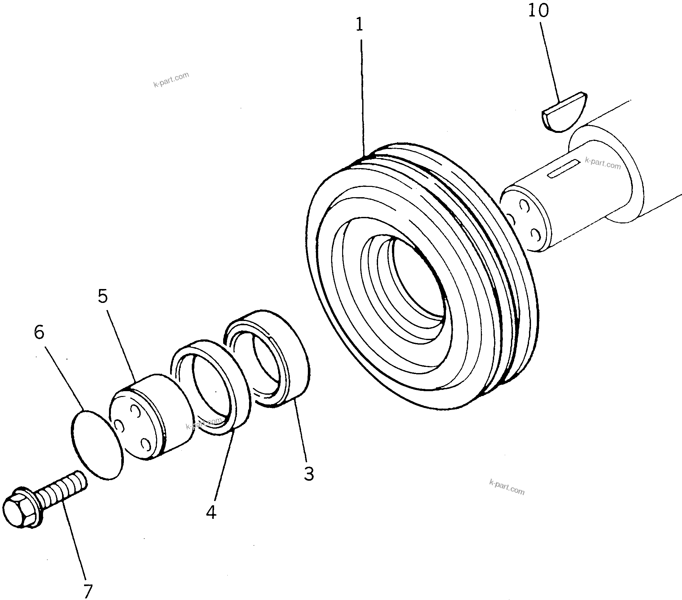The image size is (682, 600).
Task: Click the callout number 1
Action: (x=359, y=25)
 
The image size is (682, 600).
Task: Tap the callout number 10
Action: (x=538, y=11)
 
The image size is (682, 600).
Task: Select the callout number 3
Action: (x=309, y=474)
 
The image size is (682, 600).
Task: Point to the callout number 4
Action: (x=211, y=512)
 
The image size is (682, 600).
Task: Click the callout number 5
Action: (x=103, y=296)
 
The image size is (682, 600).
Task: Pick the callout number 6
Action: (x=39, y=332)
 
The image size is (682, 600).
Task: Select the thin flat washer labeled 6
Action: (x=97, y=445)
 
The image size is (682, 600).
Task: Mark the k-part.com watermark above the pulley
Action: (x=171, y=80)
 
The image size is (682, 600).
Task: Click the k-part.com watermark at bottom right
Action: (x=506, y=487)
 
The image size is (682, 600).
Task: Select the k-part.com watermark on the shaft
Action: (x=602, y=164)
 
